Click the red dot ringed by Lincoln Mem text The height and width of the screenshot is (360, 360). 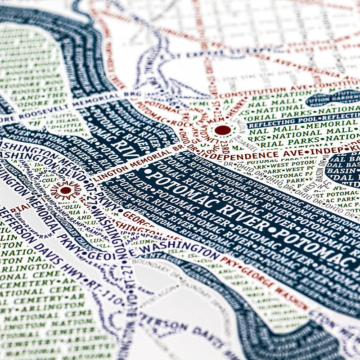click(223, 130)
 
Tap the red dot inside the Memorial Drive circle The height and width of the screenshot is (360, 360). click(66, 190)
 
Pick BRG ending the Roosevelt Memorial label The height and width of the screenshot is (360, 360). click(135, 94)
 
